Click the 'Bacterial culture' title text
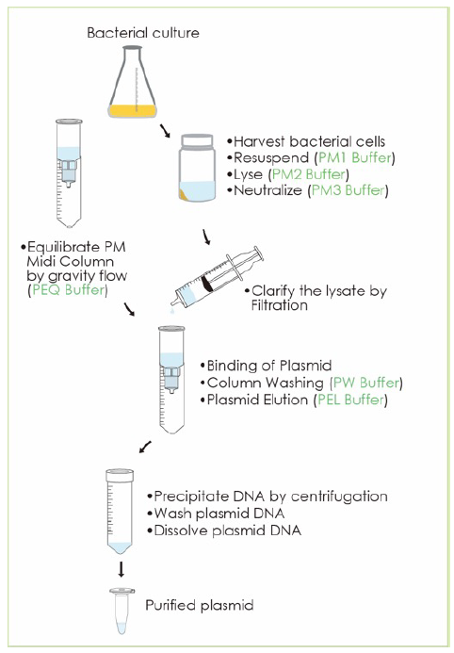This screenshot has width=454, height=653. point(143,33)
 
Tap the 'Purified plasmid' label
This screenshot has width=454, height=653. point(199,604)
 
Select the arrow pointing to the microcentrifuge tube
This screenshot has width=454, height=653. point(121,571)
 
